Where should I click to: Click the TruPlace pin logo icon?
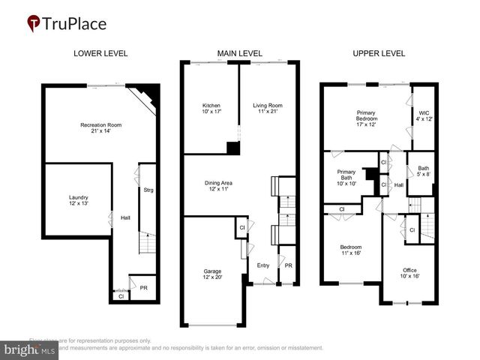[x=34, y=24]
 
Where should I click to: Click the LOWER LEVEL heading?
[x=100, y=53]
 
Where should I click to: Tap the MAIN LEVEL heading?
[x=239, y=53]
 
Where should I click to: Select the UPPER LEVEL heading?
[x=379, y=53]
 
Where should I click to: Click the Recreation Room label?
[x=101, y=128]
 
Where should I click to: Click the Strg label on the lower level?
[x=148, y=190]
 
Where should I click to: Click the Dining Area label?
[x=223, y=186]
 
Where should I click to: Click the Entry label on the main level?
[x=263, y=265]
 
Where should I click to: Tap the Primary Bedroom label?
[x=367, y=118]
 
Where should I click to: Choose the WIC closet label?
[x=424, y=115]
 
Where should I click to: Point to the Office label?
[x=409, y=273]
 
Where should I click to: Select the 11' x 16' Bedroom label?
[x=350, y=250]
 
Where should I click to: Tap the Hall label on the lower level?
[x=126, y=218]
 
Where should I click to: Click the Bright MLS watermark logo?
[x=30, y=349]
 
